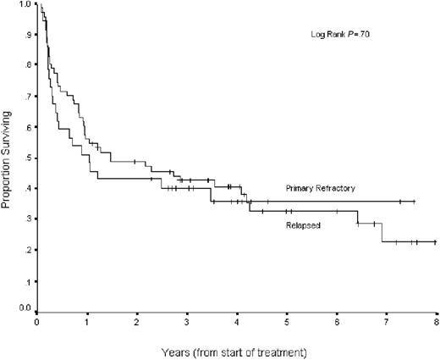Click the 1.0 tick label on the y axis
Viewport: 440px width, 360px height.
pos(25,5)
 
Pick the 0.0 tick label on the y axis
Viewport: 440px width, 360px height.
pos(25,310)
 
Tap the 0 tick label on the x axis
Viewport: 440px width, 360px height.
pos(37,323)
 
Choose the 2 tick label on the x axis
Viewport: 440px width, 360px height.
pos(137,323)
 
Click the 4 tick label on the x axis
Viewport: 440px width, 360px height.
pos(237,323)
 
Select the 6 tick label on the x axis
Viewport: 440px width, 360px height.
pos(337,323)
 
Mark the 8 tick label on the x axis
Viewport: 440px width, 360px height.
pos(437,323)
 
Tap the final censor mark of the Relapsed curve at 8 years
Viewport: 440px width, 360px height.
pos(434,241)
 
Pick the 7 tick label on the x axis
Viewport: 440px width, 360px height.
pos(387,323)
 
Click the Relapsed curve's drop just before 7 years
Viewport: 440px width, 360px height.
pos(382,233)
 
